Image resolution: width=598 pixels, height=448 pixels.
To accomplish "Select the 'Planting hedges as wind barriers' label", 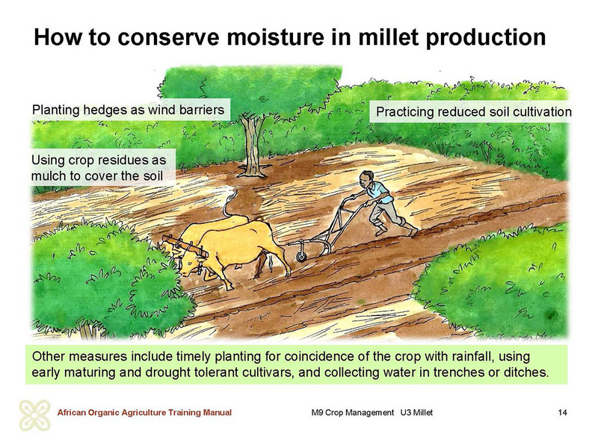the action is pyautogui.click(x=128, y=110).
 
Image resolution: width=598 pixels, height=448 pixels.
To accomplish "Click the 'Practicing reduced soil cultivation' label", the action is pyautogui.click(x=474, y=111).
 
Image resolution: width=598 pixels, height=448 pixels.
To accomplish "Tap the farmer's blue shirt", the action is pyautogui.click(x=379, y=192).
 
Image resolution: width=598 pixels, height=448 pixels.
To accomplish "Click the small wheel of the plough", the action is pyautogui.click(x=302, y=256).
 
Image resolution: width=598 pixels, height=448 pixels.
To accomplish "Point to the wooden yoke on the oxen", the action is pyautogui.click(x=185, y=246).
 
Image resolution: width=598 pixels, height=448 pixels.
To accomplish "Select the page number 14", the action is pyautogui.click(x=562, y=413).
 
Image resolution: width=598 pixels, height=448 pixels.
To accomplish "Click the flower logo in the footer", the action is pyautogui.click(x=34, y=415).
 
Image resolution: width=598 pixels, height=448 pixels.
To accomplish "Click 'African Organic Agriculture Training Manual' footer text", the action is pyautogui.click(x=144, y=413).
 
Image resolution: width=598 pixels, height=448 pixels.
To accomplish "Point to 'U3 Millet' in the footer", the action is pyautogui.click(x=416, y=413).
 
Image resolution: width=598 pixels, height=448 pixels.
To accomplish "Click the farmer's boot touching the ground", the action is pyautogui.click(x=413, y=232).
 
